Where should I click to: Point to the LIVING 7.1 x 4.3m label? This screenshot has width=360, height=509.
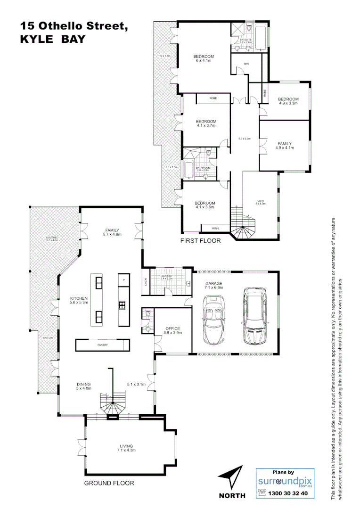coord(126,448)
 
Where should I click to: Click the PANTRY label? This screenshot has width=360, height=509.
coord(102,345)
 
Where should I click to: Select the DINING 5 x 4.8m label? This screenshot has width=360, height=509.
coord(83,386)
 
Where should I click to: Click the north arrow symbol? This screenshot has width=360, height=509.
coord(232,477)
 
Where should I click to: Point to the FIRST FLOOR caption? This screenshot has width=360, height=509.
coord(201,241)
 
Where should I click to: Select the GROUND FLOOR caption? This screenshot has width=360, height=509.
coord(109,483)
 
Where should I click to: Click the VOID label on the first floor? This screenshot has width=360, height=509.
coord(260,202)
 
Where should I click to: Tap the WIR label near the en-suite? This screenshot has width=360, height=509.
coord(246,64)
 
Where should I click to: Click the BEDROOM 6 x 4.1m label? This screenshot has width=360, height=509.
coord(204,58)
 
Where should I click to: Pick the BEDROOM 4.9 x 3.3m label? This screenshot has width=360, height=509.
coord(288,101)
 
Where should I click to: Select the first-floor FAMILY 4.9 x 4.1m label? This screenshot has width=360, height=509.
coord(284,145)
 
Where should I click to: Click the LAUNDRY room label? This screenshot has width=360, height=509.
coord(167,277)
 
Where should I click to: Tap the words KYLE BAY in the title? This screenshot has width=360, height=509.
coord(52,40)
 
